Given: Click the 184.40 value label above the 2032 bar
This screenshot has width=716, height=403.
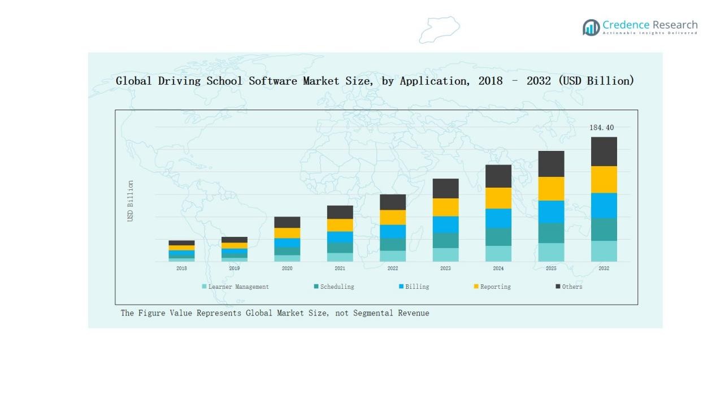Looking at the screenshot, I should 601,128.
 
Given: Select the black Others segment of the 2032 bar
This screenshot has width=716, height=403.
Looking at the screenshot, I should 604,151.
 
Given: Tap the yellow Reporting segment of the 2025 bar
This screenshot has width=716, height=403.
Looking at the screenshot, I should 550,189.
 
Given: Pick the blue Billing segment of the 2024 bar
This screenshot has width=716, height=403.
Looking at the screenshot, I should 498,218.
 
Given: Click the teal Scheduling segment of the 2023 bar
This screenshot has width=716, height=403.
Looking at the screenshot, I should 445,240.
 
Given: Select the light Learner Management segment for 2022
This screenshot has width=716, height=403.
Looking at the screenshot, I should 392,256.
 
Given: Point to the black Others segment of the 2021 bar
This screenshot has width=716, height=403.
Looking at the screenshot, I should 340,212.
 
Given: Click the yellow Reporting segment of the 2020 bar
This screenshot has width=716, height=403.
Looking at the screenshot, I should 287,233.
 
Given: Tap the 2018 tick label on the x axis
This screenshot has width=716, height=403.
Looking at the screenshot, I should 181,268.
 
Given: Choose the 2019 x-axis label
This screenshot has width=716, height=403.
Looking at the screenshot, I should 234,268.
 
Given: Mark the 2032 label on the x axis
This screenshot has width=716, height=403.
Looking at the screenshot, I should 604,268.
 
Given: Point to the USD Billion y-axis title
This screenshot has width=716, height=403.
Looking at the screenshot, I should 131,201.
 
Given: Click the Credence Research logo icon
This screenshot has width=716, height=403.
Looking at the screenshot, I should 591,27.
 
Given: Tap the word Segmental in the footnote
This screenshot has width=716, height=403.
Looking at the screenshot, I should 374,313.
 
